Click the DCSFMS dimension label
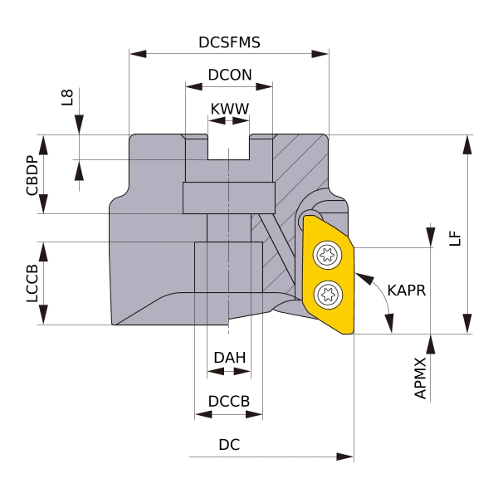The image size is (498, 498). tap(229, 42)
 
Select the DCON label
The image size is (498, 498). tap(229, 74)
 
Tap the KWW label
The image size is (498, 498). tap(229, 109)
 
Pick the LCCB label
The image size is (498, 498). tap(32, 283)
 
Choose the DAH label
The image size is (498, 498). tap(229, 358)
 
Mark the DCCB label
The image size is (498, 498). tap(229, 401)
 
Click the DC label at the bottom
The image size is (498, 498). tap(229, 445)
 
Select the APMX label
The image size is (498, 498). tap(420, 378)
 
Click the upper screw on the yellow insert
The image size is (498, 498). tap(328, 256)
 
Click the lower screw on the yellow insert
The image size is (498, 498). tap(328, 292)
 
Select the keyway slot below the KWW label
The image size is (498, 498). tap(228, 147)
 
